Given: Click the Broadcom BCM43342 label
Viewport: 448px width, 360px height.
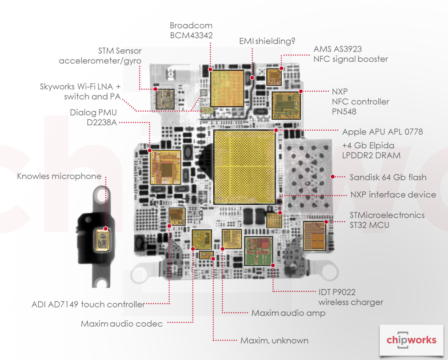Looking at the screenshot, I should tap(191, 30).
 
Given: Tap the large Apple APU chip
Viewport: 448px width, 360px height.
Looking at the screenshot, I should tap(244, 167).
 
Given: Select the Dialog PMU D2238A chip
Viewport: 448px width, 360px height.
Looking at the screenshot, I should tap(166, 167).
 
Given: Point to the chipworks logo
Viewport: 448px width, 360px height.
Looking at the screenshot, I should tap(411, 340).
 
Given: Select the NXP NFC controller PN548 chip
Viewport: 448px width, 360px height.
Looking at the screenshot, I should tap(286, 106).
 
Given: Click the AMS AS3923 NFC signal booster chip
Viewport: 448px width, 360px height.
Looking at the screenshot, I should tap(274, 77).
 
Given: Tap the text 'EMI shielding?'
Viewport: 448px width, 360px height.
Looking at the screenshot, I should tap(267, 41).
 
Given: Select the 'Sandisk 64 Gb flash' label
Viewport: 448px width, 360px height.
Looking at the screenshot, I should tap(388, 177).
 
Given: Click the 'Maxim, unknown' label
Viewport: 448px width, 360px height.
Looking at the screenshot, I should tap(274, 340).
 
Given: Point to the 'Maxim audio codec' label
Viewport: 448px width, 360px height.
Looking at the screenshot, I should tap(122, 324).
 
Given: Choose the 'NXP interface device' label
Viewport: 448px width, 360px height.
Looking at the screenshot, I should tap(393, 195).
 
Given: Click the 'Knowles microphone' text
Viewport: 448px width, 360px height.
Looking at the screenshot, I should tap(59, 176).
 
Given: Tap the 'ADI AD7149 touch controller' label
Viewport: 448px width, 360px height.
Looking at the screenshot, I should tap(88, 304).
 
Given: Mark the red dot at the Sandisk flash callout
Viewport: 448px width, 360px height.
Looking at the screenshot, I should tap(332, 177).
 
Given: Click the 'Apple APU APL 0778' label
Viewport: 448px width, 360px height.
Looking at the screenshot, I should tap(382, 132).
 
